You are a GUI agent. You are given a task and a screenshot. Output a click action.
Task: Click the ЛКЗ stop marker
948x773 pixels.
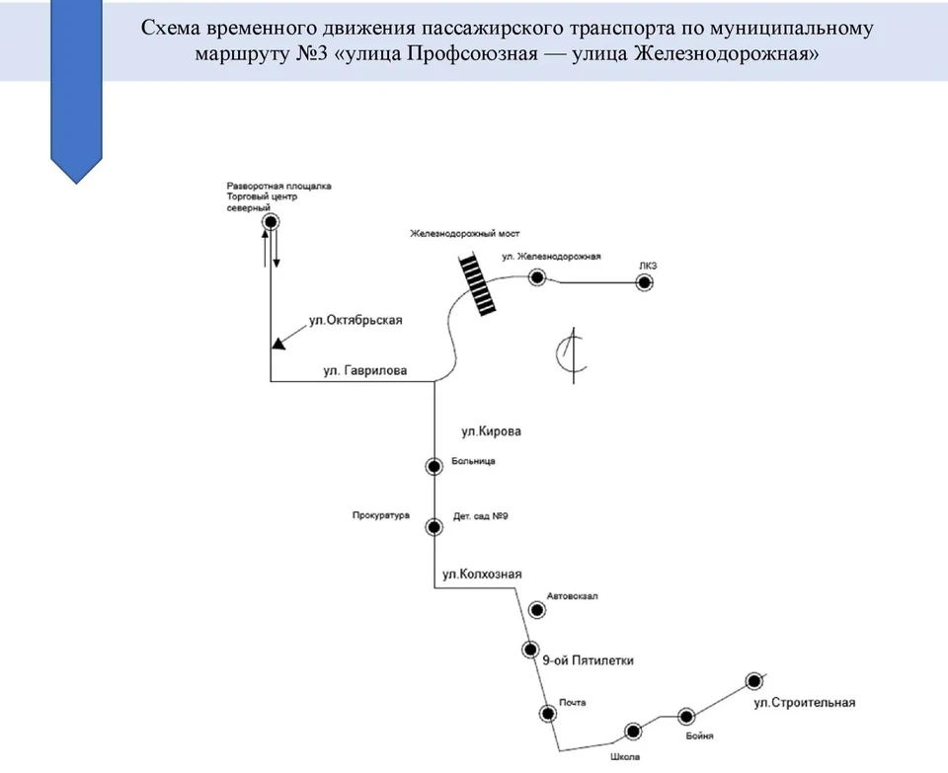[645, 282]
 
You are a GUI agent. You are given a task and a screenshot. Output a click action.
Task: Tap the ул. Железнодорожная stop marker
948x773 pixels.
[537, 277]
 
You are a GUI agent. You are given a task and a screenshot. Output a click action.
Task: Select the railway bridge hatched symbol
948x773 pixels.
[479, 284]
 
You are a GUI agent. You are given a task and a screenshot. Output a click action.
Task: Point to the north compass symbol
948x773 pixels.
[572, 355]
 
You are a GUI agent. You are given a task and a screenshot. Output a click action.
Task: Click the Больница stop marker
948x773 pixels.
[434, 466]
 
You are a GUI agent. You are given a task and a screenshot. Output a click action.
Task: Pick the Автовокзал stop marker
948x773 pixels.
[536, 610]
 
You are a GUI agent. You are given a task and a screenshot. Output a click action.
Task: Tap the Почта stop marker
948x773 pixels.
[548, 714]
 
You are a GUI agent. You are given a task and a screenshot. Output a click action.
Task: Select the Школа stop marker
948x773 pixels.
[632, 732]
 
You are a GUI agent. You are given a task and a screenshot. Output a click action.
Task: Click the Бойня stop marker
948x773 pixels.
[685, 717]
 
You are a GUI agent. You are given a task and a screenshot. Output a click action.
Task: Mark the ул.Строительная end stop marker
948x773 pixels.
[753, 681]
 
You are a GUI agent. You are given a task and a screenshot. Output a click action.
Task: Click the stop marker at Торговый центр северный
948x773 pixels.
[271, 222]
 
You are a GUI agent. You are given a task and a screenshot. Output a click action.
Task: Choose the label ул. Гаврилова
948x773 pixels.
[365, 370]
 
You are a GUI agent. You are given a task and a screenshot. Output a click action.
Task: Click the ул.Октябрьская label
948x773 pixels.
[355, 320]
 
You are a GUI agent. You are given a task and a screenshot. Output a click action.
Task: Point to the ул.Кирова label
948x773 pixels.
[491, 431]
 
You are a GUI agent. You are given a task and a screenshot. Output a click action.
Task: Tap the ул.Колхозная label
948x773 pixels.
[482, 575]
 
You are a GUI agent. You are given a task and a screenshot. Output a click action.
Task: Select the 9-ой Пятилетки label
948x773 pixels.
[588, 660]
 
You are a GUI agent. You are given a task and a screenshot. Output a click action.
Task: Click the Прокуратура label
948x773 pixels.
[381, 515]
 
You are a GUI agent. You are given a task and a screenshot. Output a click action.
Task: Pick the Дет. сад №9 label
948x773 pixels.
[481, 516]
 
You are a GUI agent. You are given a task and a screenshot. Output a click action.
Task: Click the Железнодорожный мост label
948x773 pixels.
[464, 233]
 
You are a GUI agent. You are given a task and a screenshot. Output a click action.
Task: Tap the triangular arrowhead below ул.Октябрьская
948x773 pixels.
[278, 344]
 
